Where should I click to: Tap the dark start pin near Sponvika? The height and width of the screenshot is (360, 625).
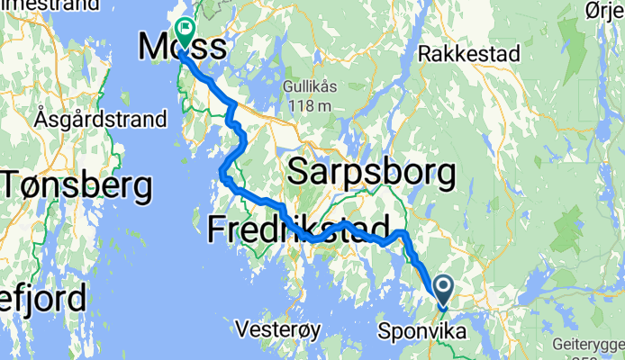[444, 289]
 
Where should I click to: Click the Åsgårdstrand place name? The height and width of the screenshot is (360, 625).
[101, 119]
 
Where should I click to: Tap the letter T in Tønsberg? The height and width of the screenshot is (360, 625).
[13, 186]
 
